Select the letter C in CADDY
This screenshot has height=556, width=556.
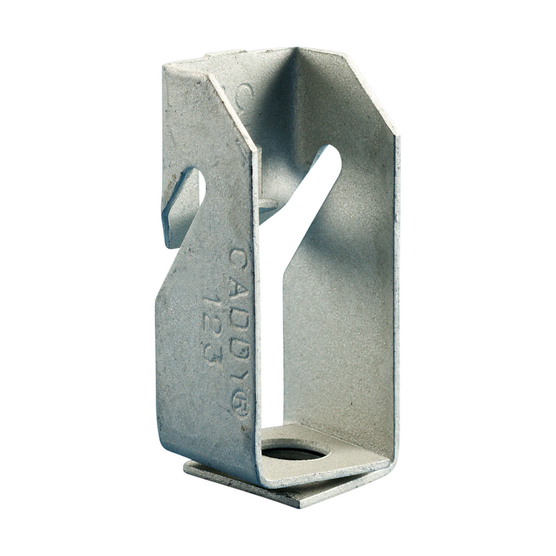[x=240, y=257]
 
